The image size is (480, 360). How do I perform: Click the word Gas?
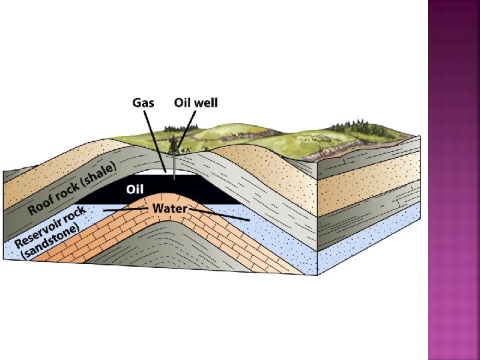(x=143, y=103)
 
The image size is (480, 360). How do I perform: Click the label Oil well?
(x=195, y=103)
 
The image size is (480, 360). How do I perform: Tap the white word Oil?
(x=135, y=189)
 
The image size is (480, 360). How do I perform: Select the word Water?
(x=170, y=208)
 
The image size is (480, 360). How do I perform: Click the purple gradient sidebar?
(x=453, y=180)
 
